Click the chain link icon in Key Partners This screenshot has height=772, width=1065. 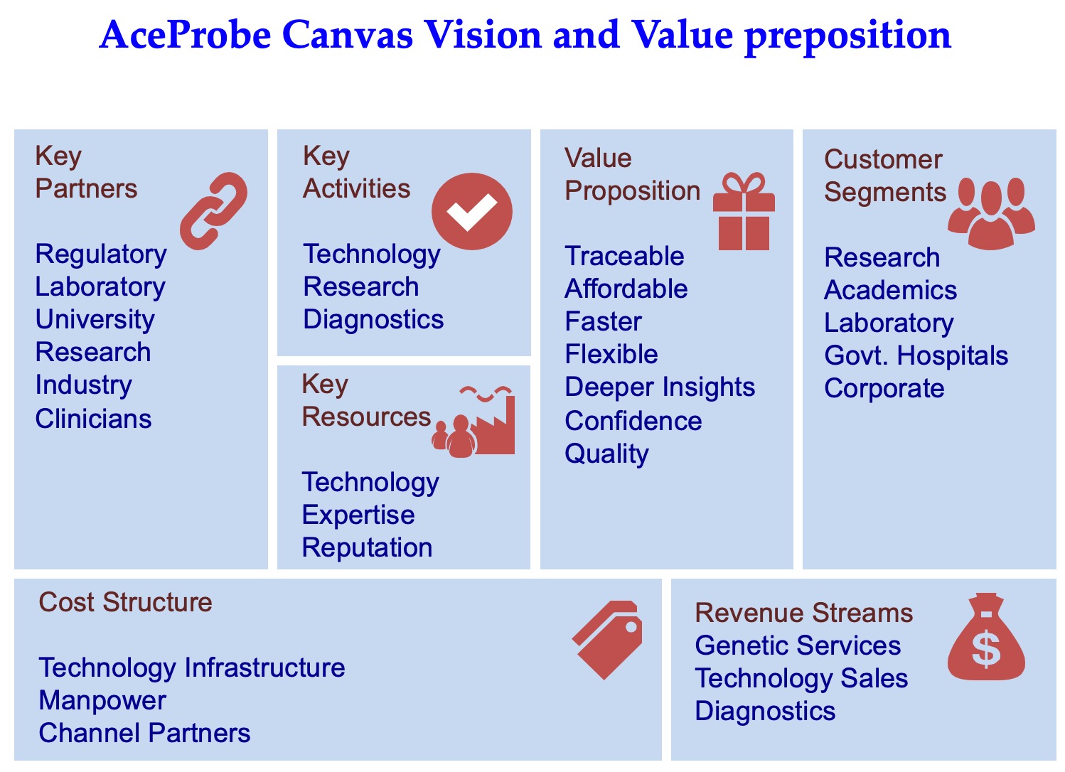213,211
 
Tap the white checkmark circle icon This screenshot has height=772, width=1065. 472,211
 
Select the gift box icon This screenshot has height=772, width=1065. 744,211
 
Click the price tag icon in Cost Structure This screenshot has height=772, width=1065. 607,640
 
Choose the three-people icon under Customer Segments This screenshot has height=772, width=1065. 991,213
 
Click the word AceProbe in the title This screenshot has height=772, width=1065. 186,35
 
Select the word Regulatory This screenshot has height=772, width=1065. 101,254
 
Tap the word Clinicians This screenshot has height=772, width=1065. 94,419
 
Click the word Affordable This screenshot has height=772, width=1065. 626,289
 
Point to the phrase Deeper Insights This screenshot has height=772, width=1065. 660,387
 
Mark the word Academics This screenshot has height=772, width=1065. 891,290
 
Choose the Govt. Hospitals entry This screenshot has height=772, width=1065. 916,355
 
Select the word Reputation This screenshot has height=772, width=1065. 367,548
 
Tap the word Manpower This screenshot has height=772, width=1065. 102,701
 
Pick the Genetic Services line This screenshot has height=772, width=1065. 798,645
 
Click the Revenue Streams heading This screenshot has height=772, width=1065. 804,613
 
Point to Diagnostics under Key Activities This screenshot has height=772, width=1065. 373,319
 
